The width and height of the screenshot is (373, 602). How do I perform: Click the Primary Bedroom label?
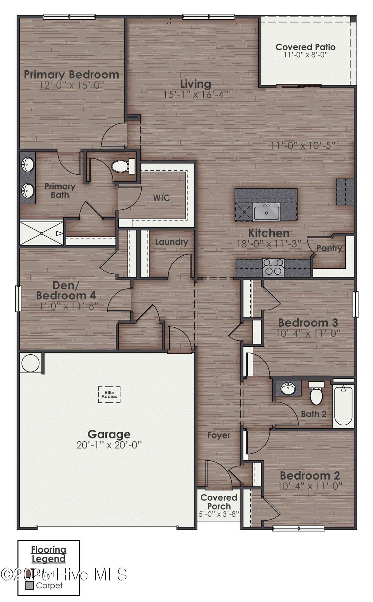pyautogui.click(x=71, y=75)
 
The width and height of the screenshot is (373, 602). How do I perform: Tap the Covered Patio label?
pyautogui.click(x=305, y=47)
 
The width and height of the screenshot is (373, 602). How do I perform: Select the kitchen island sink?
pyautogui.click(x=267, y=212)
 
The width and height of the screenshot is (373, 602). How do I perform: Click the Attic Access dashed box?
pyautogui.click(x=109, y=394)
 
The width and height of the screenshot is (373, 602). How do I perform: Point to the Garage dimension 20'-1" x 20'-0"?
pyautogui.click(x=109, y=445)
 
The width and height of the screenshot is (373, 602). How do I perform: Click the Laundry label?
pyautogui.click(x=171, y=242)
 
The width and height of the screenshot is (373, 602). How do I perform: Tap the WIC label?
pyautogui.click(x=161, y=198)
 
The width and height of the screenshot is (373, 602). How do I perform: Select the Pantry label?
pyautogui.click(x=329, y=248)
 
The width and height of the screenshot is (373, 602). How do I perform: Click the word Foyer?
pyautogui.click(x=219, y=435)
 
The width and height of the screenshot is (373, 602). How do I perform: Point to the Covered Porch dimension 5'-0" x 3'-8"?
pyautogui.click(x=219, y=514)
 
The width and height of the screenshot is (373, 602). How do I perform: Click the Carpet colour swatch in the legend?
pyautogui.click(x=30, y=586)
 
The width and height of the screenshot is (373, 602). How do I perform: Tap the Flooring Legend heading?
pyautogui.click(x=48, y=554)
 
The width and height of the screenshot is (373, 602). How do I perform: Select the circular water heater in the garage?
pyautogui.click(x=30, y=363)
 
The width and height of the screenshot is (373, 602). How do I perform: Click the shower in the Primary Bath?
pyautogui.click(x=41, y=232)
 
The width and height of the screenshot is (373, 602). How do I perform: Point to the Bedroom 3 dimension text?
pyautogui.click(x=308, y=333)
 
